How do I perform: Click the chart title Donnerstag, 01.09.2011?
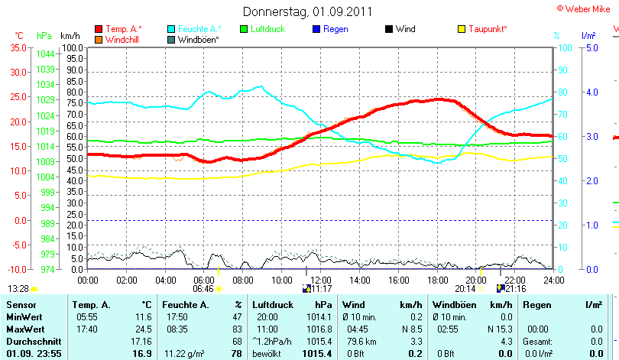click(308, 11)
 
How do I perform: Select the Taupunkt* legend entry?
click(488, 29)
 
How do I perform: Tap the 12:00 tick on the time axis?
click(321, 280)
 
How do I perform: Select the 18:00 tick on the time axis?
click(438, 280)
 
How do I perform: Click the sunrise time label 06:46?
click(203, 289)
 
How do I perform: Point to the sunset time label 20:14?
click(465, 289)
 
